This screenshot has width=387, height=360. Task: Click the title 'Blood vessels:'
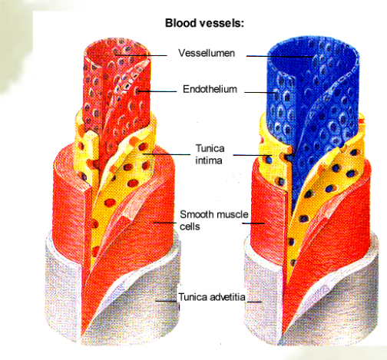[204, 23]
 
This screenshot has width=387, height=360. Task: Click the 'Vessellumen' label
[207, 53]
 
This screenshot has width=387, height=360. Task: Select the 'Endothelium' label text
[210, 89]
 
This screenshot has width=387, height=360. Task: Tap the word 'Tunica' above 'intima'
[210, 148]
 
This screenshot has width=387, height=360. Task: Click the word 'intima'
[209, 160]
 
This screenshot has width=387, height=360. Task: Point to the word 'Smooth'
[198, 214]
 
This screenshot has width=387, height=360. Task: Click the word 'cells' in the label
[190, 226]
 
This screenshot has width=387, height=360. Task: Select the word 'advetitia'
[228, 297]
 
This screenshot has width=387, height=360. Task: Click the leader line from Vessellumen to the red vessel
[141, 55]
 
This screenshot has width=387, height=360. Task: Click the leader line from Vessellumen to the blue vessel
[280, 56]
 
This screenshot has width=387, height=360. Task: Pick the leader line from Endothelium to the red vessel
[157, 91]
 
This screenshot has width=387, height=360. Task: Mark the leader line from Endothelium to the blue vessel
[260, 92]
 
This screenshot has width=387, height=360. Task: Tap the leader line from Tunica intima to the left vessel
[167, 154]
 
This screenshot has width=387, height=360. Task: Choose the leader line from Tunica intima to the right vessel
[252, 155]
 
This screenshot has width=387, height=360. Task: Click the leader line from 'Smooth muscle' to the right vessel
[253, 223]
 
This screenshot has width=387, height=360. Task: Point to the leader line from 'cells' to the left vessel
[164, 223]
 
